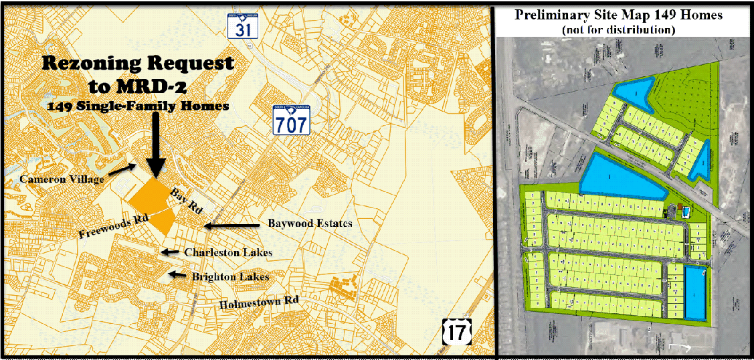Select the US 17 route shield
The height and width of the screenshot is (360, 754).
(457, 331)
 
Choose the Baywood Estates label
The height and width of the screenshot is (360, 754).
(309, 223)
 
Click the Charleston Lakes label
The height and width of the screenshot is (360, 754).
(228, 253)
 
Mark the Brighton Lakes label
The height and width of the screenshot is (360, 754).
(230, 276)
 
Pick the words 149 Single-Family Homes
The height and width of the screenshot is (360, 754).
(139, 106)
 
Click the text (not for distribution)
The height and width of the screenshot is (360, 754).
(618, 29)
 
